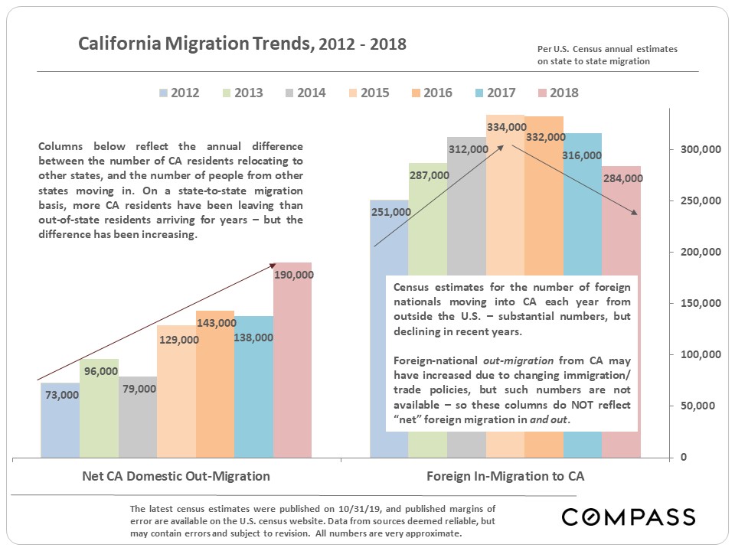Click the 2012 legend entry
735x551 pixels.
point(179,93)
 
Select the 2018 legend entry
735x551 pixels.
point(558,93)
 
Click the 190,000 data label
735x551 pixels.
point(293,275)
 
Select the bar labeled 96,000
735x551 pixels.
point(99,413)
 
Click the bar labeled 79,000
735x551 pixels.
point(138,421)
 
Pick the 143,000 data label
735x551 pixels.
point(216,323)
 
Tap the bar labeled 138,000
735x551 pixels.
point(254,398)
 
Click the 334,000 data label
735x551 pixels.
point(505,127)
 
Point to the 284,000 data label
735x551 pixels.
point(622,178)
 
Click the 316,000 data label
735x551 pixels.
point(582,155)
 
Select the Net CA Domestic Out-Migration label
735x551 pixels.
point(176,476)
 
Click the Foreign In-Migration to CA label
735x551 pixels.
point(505,476)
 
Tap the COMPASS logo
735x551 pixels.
point(628,517)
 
